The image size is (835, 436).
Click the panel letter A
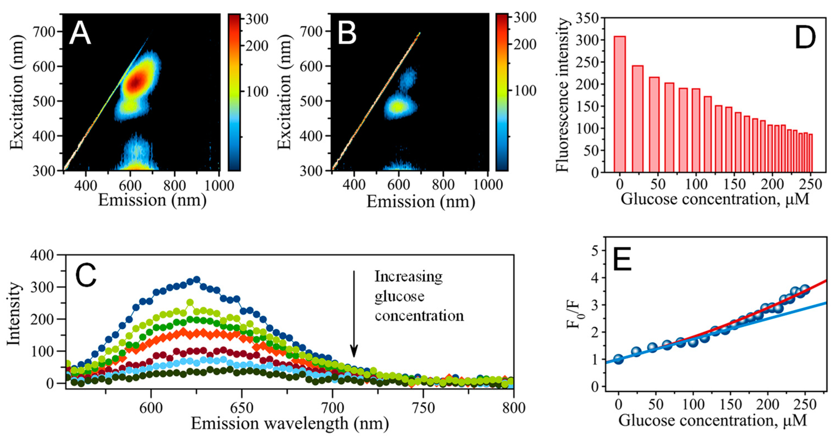(x=80, y=34)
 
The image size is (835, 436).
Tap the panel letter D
(x=805, y=38)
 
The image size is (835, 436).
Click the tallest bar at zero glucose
(x=619, y=104)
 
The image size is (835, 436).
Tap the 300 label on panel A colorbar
(x=256, y=19)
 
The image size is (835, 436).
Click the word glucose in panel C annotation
(x=399, y=296)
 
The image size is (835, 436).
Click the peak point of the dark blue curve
(x=197, y=280)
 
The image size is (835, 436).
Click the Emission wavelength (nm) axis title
(x=289, y=423)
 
